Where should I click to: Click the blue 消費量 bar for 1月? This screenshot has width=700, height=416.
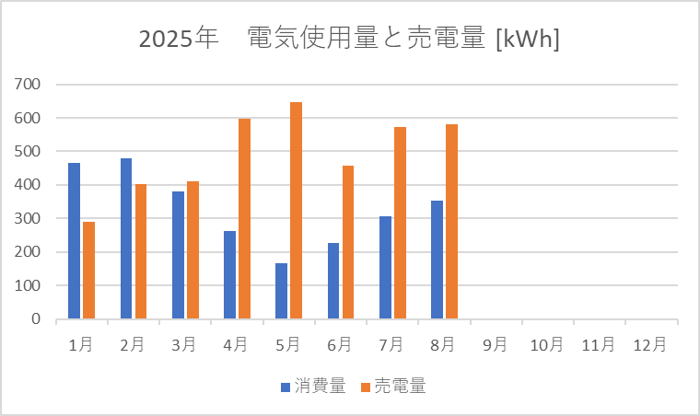tap(74, 241)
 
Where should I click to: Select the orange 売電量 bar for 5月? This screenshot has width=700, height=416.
tap(296, 211)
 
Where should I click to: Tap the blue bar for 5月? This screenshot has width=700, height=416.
tap(281, 291)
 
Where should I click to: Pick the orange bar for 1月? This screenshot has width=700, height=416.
tap(88, 271)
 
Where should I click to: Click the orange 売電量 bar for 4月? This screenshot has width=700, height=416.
tap(244, 218)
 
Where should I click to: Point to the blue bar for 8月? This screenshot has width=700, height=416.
tap(437, 260)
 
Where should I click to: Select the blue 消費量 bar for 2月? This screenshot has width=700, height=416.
tap(126, 238)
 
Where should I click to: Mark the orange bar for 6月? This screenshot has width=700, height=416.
tap(348, 242)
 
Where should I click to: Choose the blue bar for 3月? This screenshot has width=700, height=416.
tap(178, 255)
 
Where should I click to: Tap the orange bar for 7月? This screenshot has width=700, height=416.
tap(400, 223)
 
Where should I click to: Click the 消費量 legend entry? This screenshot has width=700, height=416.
tap(313, 387)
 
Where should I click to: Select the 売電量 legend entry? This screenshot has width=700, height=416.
tap(393, 387)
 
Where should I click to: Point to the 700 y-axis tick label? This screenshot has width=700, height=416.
tap(28, 84)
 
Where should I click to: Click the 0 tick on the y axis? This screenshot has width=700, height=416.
tap(36, 318)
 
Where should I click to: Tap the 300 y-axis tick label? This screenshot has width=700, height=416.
tap(28, 218)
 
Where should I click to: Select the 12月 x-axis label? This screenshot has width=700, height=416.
tap(650, 344)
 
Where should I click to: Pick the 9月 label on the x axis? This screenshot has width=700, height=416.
tap(495, 344)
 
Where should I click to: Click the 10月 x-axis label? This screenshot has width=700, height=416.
tap(546, 344)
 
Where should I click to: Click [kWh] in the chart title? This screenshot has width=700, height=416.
tap(527, 39)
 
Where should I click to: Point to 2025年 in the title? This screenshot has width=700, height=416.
tap(178, 39)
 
